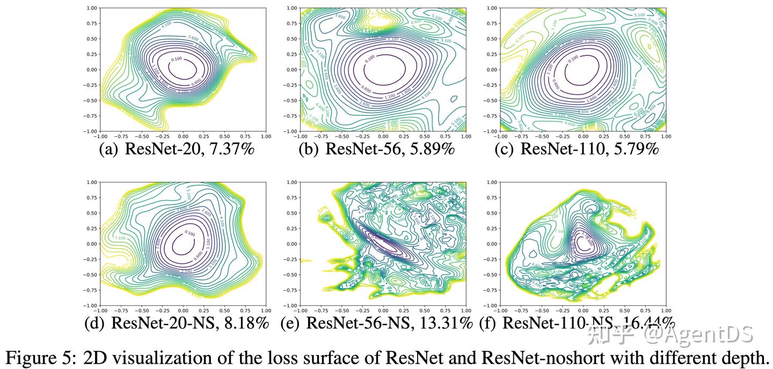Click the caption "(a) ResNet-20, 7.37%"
177,149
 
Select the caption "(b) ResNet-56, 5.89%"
376,149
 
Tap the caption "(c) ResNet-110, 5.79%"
577,149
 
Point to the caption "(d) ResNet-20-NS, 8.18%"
177,323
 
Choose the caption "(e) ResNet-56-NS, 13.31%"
376,323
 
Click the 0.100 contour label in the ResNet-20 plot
175,60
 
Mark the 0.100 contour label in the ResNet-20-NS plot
189,233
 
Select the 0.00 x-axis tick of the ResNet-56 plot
383,137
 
